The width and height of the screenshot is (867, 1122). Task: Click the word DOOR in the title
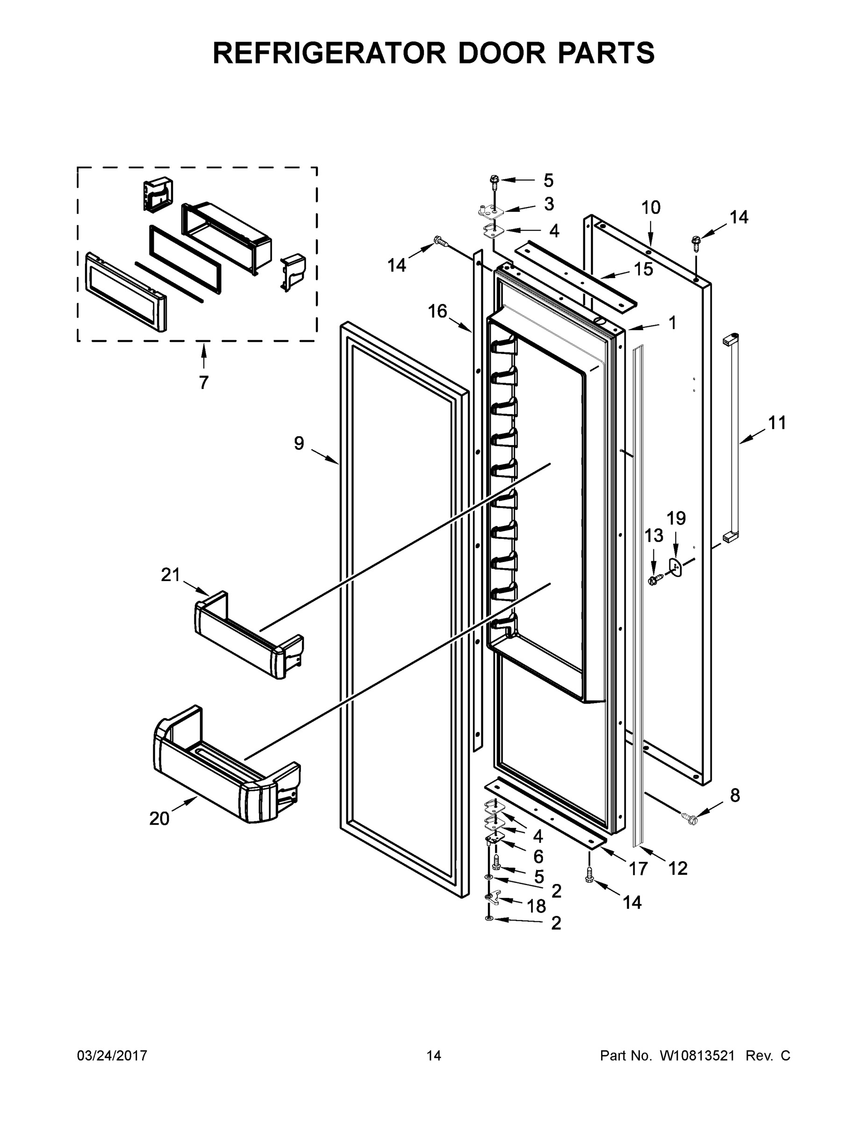(x=502, y=53)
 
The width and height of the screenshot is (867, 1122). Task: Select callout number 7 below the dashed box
(x=204, y=382)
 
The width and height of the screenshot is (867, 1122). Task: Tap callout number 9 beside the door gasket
(x=299, y=443)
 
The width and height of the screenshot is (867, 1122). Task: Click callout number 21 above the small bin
(x=171, y=575)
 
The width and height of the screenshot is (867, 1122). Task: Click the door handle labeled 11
(x=731, y=437)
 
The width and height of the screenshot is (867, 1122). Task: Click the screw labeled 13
(x=654, y=581)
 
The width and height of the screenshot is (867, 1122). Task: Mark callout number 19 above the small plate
(x=676, y=518)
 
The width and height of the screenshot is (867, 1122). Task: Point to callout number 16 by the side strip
(x=437, y=311)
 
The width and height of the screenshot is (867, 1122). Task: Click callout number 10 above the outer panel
(x=651, y=208)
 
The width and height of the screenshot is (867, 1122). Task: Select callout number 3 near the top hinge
(x=549, y=204)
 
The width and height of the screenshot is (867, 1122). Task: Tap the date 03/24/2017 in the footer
(x=112, y=1055)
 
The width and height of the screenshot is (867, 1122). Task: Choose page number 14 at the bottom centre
(x=434, y=1055)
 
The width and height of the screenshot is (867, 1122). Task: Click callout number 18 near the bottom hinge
(x=537, y=906)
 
